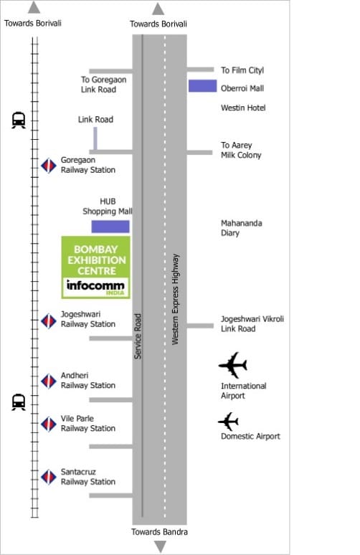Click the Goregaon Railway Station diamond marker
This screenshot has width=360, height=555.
point(49,166)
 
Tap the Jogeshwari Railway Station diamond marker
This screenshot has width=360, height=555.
point(49,321)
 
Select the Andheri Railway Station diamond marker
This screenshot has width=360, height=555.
point(49,381)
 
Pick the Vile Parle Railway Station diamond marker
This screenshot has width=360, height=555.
point(49,424)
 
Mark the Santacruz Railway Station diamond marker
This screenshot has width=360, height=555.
point(49,477)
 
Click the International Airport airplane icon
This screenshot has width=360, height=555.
point(232,365)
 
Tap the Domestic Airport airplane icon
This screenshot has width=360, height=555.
point(228,422)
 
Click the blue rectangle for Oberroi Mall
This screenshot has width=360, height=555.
point(202,86)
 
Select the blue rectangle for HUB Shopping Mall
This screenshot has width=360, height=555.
point(110,227)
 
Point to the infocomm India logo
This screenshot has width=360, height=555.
point(95,288)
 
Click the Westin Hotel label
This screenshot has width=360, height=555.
point(243,108)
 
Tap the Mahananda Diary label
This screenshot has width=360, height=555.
point(242,228)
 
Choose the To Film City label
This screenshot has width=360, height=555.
point(242,70)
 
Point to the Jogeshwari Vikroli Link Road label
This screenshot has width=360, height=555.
point(252,324)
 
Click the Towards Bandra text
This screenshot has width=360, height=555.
point(159,531)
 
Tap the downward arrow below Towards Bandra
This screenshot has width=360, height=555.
point(161,546)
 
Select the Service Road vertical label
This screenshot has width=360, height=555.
point(138,336)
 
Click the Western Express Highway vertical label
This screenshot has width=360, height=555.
point(175,299)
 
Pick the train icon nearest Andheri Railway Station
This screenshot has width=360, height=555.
point(19,402)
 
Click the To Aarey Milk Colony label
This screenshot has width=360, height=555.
point(241,150)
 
